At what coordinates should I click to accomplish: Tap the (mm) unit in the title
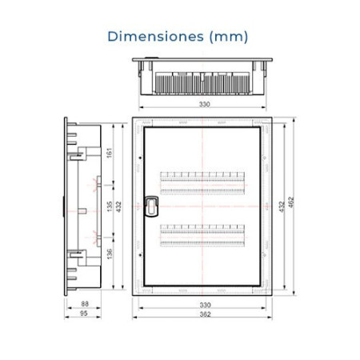[229, 36]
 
